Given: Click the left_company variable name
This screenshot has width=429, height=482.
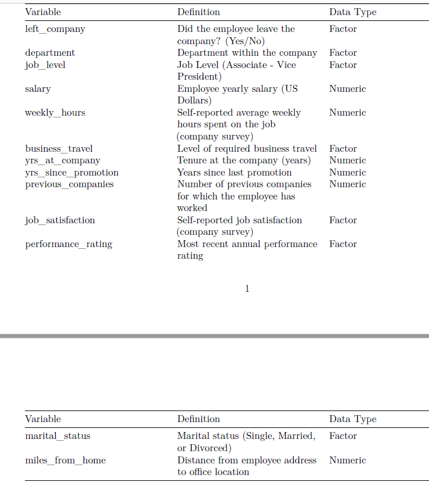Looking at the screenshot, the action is pos(55,29).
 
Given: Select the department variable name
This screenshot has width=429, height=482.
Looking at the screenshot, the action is pos(50,53).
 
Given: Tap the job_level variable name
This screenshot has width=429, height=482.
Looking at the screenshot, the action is pos(45,65).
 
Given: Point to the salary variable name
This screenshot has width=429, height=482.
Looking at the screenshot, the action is pos(38,89).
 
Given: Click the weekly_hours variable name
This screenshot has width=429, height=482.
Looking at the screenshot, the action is pos(55,113).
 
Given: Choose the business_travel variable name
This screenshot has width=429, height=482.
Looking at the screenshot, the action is pos(59,149).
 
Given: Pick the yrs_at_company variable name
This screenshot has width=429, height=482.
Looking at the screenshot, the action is pos(62,160).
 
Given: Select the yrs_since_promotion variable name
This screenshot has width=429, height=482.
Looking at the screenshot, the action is pos(71,173).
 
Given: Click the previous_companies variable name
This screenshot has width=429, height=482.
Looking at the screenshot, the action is pos(69,184).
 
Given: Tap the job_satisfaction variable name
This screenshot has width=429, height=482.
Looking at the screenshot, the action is pos(60,220).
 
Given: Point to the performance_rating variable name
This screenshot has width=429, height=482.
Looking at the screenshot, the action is pos(69,244).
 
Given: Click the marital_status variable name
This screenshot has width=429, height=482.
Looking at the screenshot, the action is pos(57,436).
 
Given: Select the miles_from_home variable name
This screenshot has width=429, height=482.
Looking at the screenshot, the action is pos(65,460).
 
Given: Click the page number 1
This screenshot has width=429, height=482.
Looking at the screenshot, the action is pos(247,289).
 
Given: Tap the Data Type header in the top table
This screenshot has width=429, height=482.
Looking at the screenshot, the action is pos(352,12).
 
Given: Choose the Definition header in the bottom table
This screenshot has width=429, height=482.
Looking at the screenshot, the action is pos(199,419).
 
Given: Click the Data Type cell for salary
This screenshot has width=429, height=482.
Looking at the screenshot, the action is pos(347,89).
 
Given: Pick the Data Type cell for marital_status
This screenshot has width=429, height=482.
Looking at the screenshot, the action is pos(343,436).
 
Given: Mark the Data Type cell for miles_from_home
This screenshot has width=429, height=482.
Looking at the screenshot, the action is pos(347,460).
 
